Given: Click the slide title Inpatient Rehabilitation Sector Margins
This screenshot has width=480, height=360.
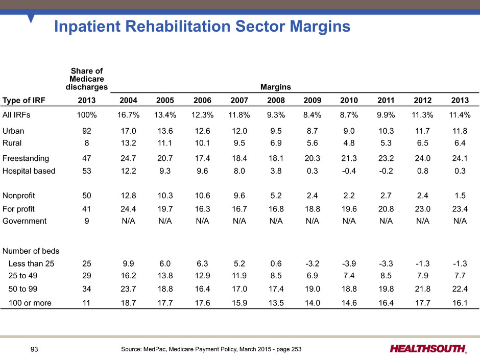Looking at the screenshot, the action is (202, 27).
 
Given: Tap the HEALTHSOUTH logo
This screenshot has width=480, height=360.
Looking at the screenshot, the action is (428, 349).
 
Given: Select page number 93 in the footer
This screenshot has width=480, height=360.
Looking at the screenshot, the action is (34, 349).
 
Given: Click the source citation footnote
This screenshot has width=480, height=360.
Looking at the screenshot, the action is (211, 349).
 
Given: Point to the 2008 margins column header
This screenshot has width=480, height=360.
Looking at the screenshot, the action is (276, 101).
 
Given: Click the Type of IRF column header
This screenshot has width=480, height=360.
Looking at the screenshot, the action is (24, 101).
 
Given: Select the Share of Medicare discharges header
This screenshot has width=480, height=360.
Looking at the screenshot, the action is (87, 79).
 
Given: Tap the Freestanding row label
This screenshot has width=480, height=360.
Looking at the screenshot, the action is (26, 158).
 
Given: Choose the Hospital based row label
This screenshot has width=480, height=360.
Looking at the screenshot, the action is (29, 171).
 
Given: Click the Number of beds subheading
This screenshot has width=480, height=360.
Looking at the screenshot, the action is (31, 251).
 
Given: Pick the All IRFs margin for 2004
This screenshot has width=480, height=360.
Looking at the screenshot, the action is (128, 115).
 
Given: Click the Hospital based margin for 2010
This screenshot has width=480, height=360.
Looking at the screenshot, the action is (349, 171).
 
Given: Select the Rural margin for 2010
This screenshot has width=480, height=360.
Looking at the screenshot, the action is (349, 143).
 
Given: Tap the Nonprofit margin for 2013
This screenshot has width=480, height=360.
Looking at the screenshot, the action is (460, 196).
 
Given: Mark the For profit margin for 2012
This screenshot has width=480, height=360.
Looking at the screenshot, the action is (423, 209).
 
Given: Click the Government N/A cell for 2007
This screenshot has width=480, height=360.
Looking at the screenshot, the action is (239, 221).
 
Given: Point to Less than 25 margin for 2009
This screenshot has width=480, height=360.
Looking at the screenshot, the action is (312, 263).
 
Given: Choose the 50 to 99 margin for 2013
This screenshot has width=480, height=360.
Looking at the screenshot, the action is (460, 289).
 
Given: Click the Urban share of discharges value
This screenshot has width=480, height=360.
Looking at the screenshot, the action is (87, 131).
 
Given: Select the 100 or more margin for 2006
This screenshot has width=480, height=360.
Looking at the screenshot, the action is (202, 303).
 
